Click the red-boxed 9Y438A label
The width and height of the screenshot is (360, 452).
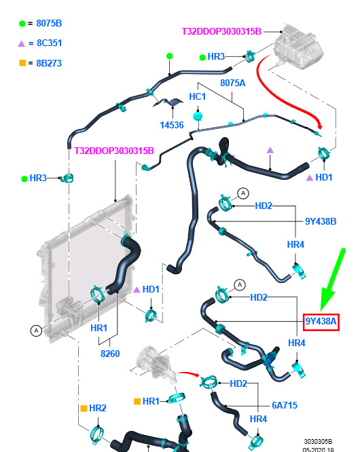pyautogui.click(x=321, y=322)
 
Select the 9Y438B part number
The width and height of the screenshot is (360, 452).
pyautogui.click(x=321, y=221)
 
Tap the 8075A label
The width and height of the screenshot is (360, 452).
pyautogui.click(x=232, y=83)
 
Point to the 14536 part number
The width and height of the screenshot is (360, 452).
pyautogui.click(x=172, y=125)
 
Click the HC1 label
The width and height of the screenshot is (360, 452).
pyautogui.click(x=197, y=96)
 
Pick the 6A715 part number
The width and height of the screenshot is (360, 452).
pyautogui.click(x=285, y=405)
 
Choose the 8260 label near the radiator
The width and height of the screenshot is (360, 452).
pyautogui.click(x=110, y=354)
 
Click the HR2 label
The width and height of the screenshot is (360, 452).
pyautogui.click(x=98, y=408)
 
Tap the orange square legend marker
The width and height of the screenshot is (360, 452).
pyautogui.click(x=22, y=63)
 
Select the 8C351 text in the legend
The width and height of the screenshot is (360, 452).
pyautogui.click(x=49, y=43)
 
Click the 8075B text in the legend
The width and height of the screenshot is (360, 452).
pyautogui.click(x=49, y=23)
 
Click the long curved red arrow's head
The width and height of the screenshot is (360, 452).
pyautogui.click(x=319, y=125)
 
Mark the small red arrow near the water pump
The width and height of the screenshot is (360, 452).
pyautogui.click(x=189, y=374)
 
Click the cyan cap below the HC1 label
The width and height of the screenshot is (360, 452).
pyautogui.click(x=198, y=117)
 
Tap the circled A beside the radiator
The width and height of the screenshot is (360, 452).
pyautogui.click(x=36, y=331)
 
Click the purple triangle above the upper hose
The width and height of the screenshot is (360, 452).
pyautogui.click(x=270, y=150)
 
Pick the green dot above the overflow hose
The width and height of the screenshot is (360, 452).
pyautogui.click(x=170, y=56)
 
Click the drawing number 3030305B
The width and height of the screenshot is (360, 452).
pyautogui.click(x=318, y=441)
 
